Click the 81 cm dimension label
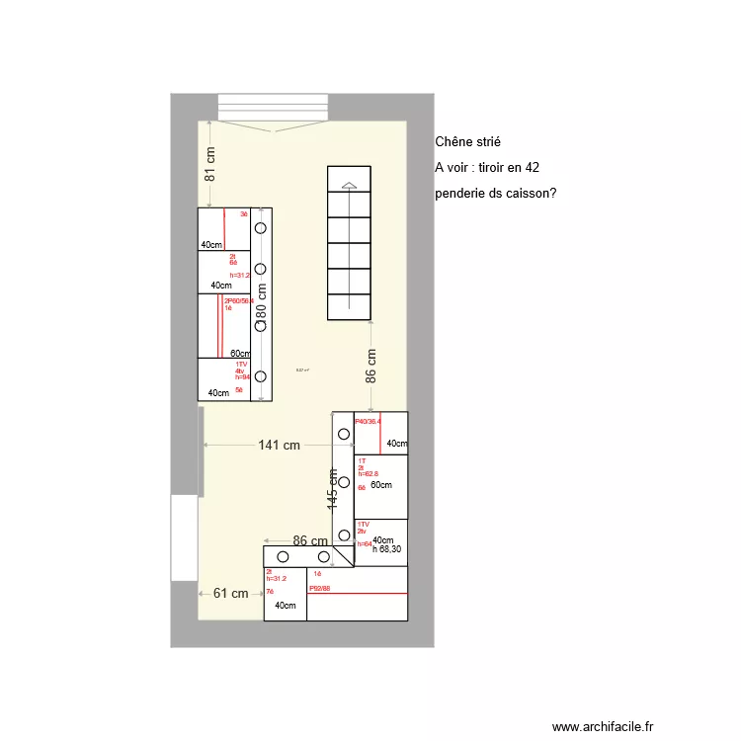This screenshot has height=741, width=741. coord(209,162)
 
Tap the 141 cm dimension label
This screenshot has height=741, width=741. coord(279,446)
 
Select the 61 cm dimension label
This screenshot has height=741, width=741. coord(230,593)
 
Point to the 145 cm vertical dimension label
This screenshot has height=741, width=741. coord(334,488)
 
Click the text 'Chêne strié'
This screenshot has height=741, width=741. coord(467,143)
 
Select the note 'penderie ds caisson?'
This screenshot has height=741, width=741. coord(495,194)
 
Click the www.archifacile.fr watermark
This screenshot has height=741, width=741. coord(610,726)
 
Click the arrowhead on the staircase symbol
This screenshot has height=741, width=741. coord(348,185)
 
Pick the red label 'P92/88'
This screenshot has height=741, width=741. coord(319,588)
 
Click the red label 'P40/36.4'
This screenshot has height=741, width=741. coord(368,421)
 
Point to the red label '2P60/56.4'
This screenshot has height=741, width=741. coord(238,300)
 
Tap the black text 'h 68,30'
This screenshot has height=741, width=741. coord(386,549)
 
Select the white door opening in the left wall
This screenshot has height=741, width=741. coord(184,538)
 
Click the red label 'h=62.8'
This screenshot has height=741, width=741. coord(368,474)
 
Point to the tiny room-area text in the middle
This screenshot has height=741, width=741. coord(302,370)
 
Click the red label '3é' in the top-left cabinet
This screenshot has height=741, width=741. coord(243,213)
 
